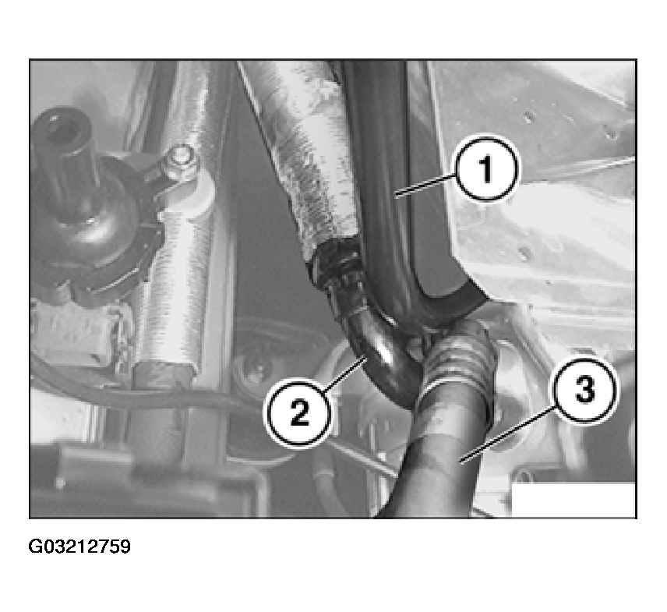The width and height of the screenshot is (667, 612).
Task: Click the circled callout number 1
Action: point(487,169)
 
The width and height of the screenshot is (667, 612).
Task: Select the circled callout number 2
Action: point(299,413)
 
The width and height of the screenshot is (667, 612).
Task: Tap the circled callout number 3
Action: point(584,391)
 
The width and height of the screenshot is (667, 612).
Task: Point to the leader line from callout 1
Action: point(425,186)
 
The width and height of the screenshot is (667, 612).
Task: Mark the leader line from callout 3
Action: point(508,434)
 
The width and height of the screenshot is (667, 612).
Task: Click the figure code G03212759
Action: point(79,547)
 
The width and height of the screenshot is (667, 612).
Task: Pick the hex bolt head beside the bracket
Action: point(181,158)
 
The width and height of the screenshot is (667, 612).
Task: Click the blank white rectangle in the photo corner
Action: point(573,500)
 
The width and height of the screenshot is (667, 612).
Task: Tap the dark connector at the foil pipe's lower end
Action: point(336,264)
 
